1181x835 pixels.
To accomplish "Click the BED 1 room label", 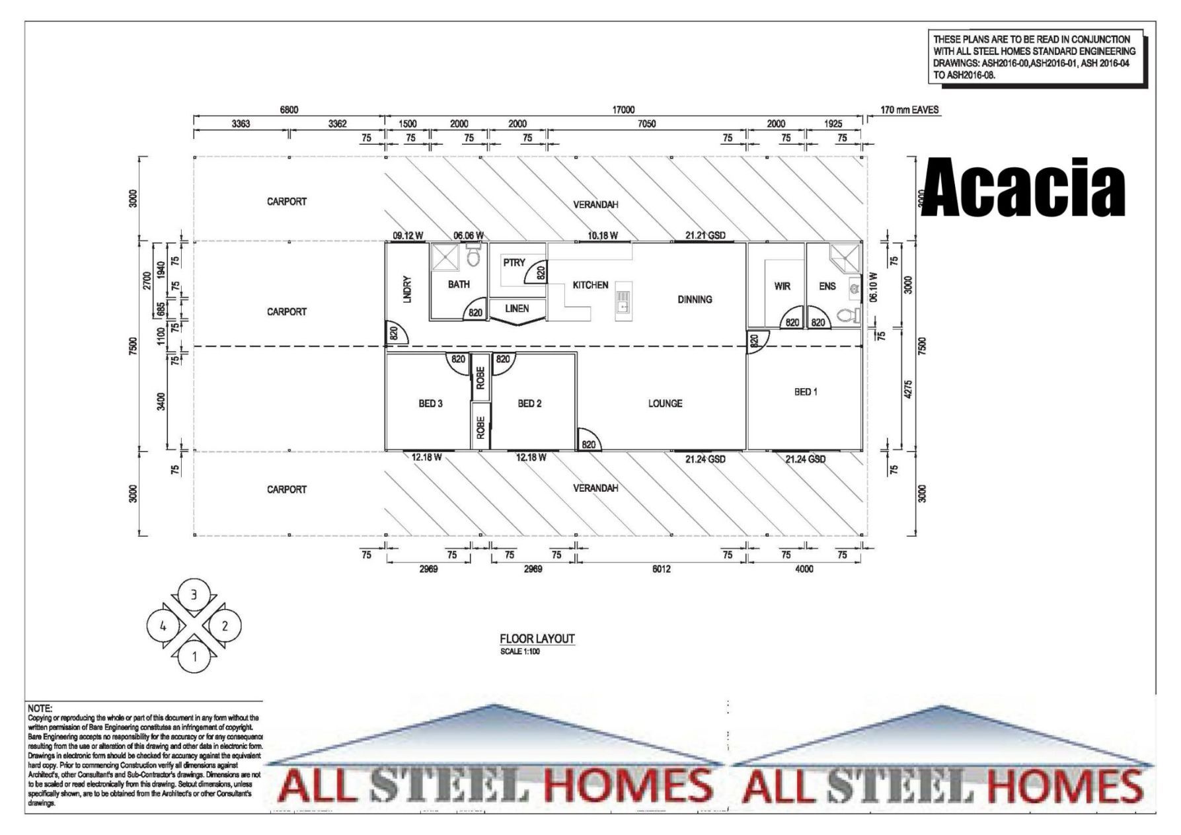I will (805, 392).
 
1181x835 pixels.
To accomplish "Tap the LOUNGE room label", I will (665, 403).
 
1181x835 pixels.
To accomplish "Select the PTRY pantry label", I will (514, 262).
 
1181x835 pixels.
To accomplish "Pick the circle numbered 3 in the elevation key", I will (194, 595).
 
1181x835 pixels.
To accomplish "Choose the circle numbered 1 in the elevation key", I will (194, 656).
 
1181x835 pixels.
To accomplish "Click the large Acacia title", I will (1022, 188).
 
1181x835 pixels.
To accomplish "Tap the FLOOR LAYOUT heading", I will (537, 639).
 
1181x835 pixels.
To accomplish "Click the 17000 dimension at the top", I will (623, 110).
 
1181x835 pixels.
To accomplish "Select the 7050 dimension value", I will (646, 124).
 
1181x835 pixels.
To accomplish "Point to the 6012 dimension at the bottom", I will (661, 569).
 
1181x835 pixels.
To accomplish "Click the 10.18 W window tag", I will (602, 235).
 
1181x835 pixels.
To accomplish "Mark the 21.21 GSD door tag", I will (705, 235).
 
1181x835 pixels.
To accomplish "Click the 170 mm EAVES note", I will (909, 110).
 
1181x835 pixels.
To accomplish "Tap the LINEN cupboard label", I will (517, 309).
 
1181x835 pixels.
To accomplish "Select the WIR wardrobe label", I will (782, 286).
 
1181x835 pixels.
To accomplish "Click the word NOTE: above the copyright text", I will (40, 708).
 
